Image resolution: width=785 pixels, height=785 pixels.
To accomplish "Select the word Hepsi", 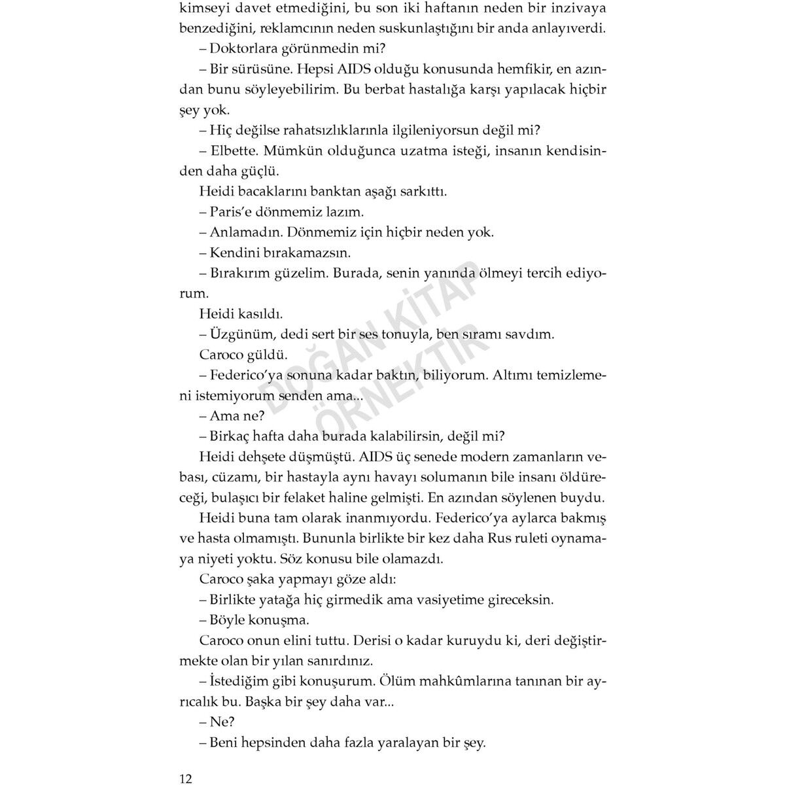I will click(317, 69).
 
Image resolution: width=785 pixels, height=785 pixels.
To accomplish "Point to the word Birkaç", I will click(230, 436).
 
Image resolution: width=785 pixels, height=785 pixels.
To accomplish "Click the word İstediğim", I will click(241, 680).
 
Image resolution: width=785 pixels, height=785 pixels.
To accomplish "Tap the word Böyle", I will click(229, 619).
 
